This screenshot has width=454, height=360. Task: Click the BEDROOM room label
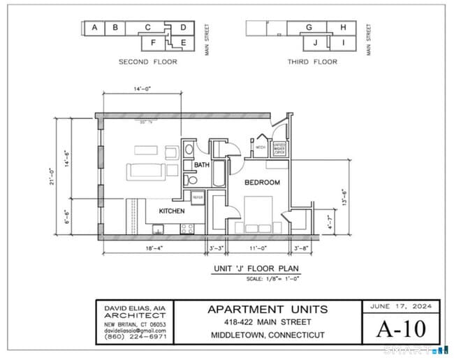262,182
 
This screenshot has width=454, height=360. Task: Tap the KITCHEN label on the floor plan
171,210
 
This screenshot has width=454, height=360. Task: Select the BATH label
202,165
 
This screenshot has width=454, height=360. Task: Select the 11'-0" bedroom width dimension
258,248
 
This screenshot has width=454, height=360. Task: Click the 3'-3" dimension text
217,248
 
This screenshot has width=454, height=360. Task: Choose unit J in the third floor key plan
315,43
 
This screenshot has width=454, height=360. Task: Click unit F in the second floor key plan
153,43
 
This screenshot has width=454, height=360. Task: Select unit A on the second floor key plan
94,28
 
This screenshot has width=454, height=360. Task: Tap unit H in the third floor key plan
342,28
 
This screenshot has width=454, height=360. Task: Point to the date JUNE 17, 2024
401,306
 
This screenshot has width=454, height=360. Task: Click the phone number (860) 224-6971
136,337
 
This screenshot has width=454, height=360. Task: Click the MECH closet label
260,148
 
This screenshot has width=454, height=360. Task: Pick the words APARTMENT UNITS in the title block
268,309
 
